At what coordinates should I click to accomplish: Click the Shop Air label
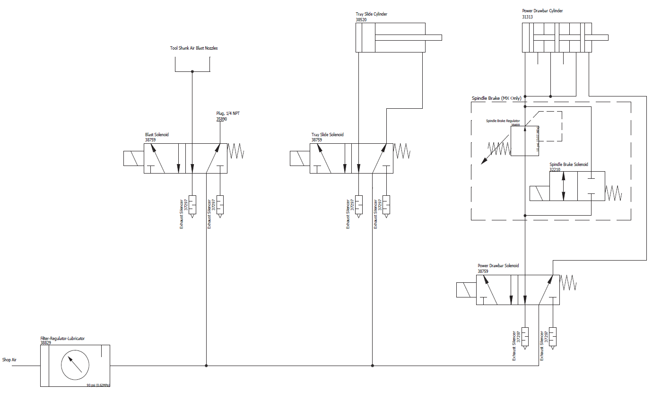(9, 360)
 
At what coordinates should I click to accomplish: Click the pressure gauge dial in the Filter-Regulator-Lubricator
(75, 365)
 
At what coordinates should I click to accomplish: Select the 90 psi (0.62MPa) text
(98, 385)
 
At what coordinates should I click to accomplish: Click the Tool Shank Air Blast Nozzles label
(194, 48)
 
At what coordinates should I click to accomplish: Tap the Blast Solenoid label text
(157, 135)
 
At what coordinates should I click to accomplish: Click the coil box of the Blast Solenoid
(133, 158)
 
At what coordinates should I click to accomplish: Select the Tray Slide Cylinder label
(371, 14)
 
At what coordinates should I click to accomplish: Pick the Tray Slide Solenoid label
(327, 135)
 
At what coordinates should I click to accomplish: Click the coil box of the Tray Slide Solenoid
(299, 158)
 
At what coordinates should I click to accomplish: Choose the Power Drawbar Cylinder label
(542, 11)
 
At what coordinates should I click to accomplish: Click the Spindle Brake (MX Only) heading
(496, 98)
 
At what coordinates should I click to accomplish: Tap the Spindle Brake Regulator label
(503, 121)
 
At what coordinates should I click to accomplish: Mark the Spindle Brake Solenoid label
(568, 165)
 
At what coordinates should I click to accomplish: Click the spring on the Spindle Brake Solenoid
(613, 192)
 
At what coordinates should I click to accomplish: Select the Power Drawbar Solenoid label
(498, 266)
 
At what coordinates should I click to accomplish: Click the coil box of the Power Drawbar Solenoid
(466, 290)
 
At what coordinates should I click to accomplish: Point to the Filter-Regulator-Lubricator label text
(62, 339)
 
